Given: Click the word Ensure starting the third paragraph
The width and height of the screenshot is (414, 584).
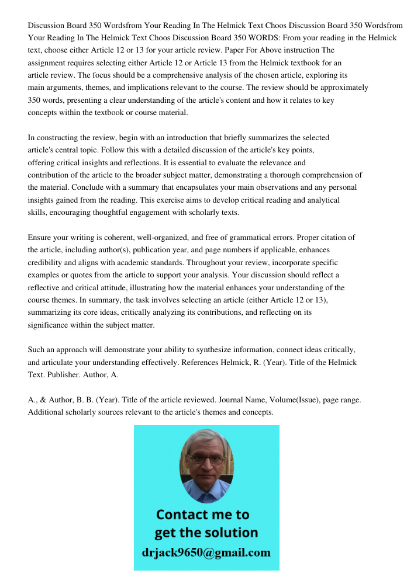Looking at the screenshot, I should tap(40, 238).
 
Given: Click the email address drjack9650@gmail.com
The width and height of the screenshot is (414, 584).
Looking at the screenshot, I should tap(206, 552).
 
